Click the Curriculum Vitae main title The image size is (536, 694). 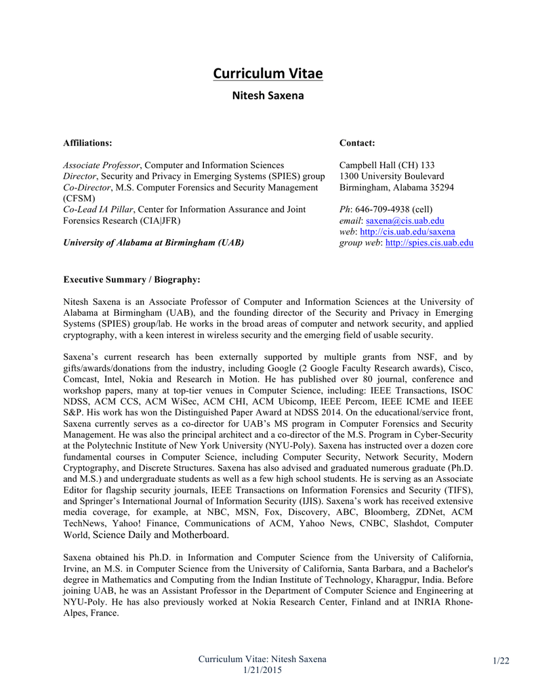(268, 73)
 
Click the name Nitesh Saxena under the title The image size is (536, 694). (268, 96)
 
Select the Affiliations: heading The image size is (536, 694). (87, 143)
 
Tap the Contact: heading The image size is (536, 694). (357, 143)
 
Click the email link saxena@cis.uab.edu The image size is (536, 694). (405, 221)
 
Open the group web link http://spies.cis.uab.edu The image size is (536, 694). (429, 243)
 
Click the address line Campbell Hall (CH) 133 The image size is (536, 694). (387, 165)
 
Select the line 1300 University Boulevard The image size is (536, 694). (392, 176)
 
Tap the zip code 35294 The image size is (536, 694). (440, 187)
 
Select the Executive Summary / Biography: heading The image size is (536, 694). (131, 279)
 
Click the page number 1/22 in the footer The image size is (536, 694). (501, 661)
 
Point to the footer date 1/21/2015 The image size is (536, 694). (262, 670)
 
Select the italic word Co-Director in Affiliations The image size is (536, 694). (87, 187)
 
